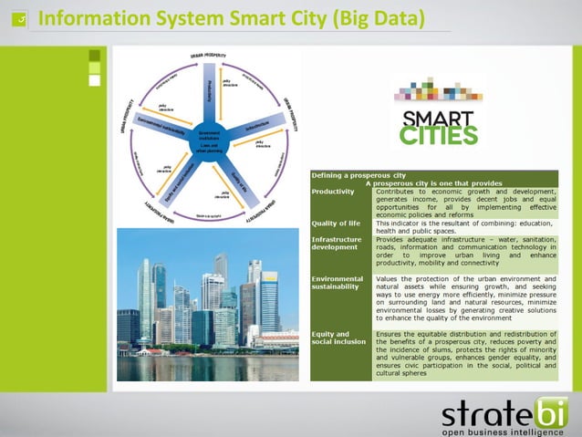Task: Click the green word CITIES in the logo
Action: click(439, 136)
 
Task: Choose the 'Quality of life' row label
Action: click(336, 223)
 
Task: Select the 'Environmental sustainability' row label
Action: click(338, 284)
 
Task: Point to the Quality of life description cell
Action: click(465, 226)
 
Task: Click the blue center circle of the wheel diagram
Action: click(209, 138)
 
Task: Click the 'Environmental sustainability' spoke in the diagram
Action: click(162, 128)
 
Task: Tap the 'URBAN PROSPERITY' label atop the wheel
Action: click(209, 57)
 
